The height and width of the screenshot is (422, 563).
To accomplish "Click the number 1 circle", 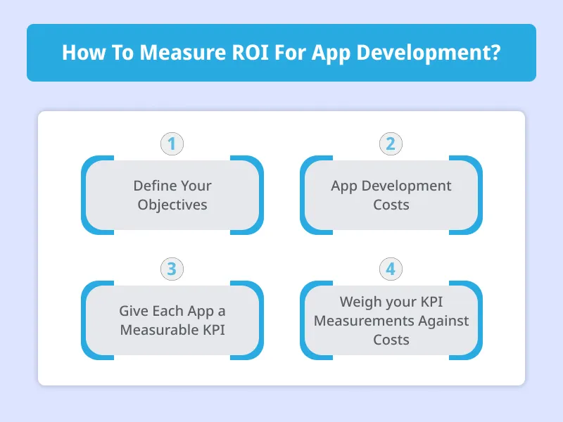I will [172, 144].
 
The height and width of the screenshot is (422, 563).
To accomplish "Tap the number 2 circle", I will [391, 144].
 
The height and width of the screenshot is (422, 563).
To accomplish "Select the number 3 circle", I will [172, 269].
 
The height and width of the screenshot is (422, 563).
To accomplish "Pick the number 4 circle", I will [391, 269].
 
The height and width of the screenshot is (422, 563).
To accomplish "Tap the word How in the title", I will [80, 53].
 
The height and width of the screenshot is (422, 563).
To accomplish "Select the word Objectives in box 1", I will [172, 205].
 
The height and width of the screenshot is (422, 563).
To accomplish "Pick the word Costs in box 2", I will [391, 205].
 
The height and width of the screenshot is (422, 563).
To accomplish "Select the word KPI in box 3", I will [212, 329].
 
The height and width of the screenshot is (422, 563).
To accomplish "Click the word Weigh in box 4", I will [360, 302].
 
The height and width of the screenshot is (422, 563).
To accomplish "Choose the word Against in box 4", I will [441, 321].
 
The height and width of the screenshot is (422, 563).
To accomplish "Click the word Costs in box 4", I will [391, 340].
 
